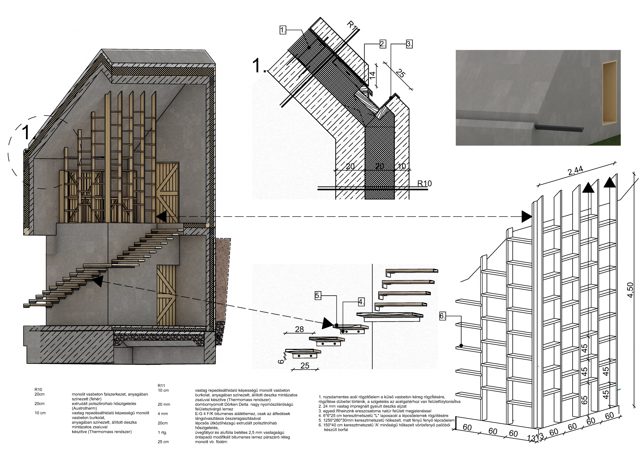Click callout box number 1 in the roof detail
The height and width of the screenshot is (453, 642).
[283, 30]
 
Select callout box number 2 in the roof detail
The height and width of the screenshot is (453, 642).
[383, 44]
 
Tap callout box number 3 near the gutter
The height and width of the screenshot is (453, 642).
[409, 44]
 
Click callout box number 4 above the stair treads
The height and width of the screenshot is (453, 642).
[361, 302]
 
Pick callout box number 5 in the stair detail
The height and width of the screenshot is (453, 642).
[318, 296]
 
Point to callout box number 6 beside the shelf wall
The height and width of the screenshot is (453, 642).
[442, 316]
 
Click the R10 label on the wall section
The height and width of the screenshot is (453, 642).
[424, 183]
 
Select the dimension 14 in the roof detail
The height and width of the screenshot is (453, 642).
[372, 75]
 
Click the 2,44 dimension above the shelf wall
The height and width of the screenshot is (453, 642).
[575, 171]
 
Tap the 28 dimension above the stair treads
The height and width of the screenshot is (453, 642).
[299, 329]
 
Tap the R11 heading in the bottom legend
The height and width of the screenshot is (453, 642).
[161, 386]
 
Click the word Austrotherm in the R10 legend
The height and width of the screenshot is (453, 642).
[84, 408]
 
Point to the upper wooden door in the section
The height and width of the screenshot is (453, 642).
[167, 193]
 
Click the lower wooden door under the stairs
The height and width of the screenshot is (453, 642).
[166, 296]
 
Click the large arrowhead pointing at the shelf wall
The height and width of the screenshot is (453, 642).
[527, 216]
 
